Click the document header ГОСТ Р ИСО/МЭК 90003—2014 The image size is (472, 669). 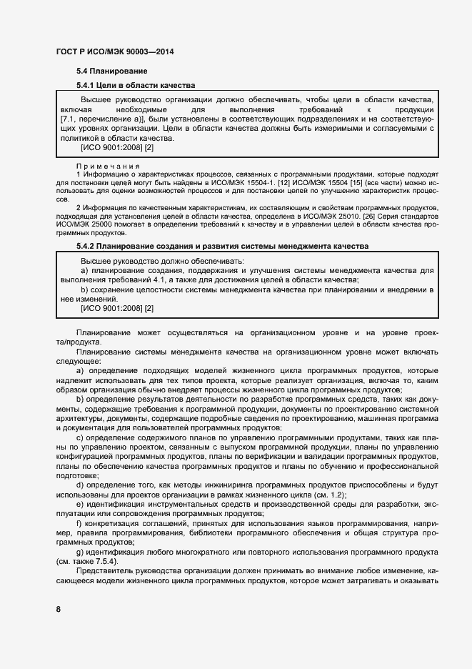pos(114,52)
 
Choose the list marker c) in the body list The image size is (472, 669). pos(80,437)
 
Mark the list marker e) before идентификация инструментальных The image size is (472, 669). pos(80,504)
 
